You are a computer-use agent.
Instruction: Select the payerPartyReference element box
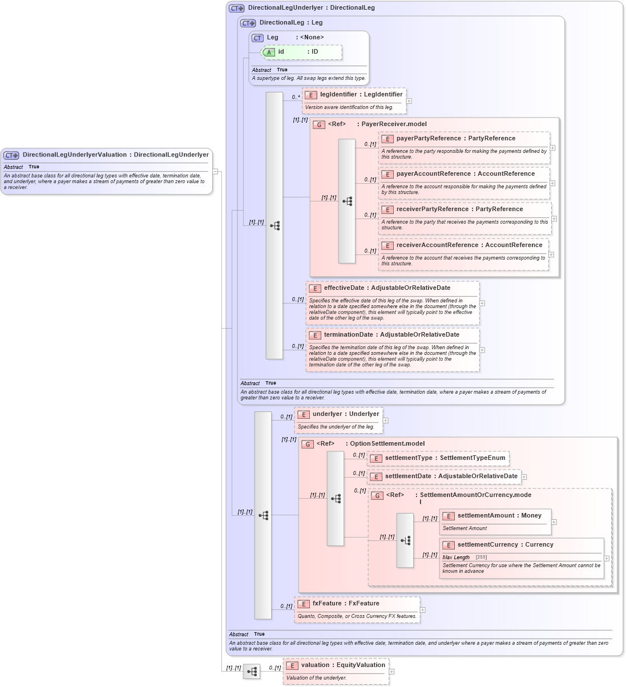tap(464, 148)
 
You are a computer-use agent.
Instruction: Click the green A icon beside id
tap(269, 52)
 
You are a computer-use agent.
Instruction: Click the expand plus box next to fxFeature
tap(422, 610)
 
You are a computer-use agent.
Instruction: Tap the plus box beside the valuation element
tap(391, 672)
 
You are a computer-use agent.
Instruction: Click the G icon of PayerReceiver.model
tap(320, 125)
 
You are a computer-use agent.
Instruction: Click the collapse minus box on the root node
tap(215, 171)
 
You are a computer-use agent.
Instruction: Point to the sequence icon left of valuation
tap(252, 672)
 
